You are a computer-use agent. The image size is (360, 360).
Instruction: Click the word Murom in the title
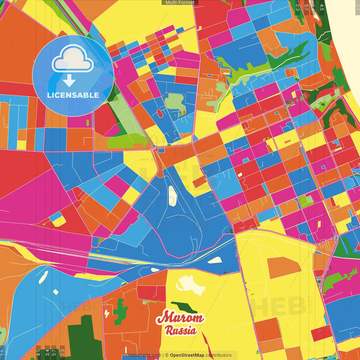point(180,318)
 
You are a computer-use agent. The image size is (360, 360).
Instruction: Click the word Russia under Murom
point(181,330)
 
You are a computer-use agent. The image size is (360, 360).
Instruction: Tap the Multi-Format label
point(180,3)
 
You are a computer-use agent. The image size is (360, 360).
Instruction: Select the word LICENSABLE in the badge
point(73,95)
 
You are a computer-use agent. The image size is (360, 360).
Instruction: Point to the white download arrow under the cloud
point(69,80)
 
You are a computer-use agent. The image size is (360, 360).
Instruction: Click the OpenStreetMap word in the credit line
point(187,355)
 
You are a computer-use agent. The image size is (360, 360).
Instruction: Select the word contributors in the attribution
point(219,355)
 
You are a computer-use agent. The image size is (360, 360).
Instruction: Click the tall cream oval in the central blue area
point(172,196)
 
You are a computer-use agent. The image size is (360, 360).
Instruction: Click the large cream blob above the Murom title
point(191,285)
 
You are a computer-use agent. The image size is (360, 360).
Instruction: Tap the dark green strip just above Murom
point(184,307)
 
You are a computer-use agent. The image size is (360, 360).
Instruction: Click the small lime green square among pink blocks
point(305,201)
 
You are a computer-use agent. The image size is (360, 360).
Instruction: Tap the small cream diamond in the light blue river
point(56,292)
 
